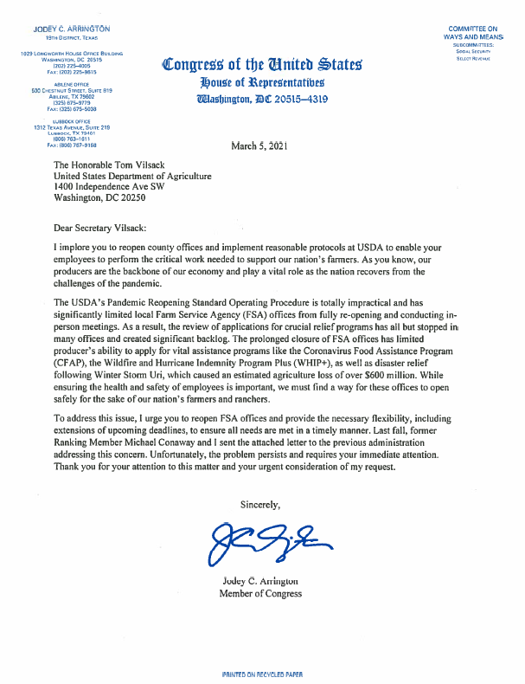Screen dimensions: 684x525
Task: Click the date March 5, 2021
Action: [259, 145]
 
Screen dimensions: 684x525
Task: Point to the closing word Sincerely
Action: [260, 503]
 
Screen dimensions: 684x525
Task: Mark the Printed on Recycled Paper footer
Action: [262, 673]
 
